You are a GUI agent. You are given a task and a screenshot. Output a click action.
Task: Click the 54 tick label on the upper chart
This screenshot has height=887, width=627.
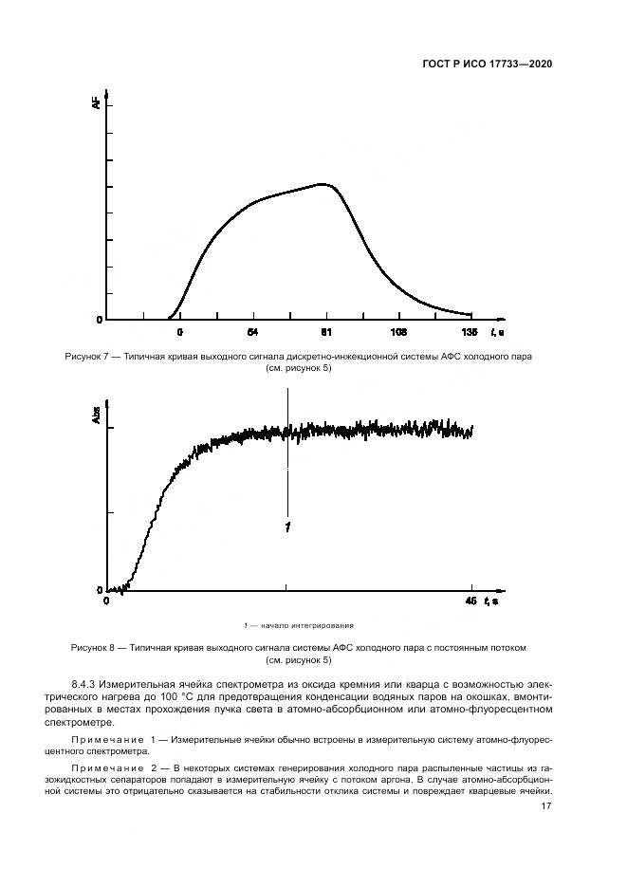[252, 332]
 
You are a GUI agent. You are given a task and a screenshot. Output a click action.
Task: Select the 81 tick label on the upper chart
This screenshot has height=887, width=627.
[325, 332]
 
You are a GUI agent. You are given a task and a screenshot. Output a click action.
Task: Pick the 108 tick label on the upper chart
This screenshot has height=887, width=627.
[398, 332]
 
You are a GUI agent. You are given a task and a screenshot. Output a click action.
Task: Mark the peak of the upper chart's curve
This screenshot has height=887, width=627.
[324, 184]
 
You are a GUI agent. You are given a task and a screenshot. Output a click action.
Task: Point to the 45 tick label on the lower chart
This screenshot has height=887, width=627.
[470, 601]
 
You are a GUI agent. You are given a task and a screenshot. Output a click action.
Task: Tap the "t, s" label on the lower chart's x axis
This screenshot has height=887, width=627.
[492, 601]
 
